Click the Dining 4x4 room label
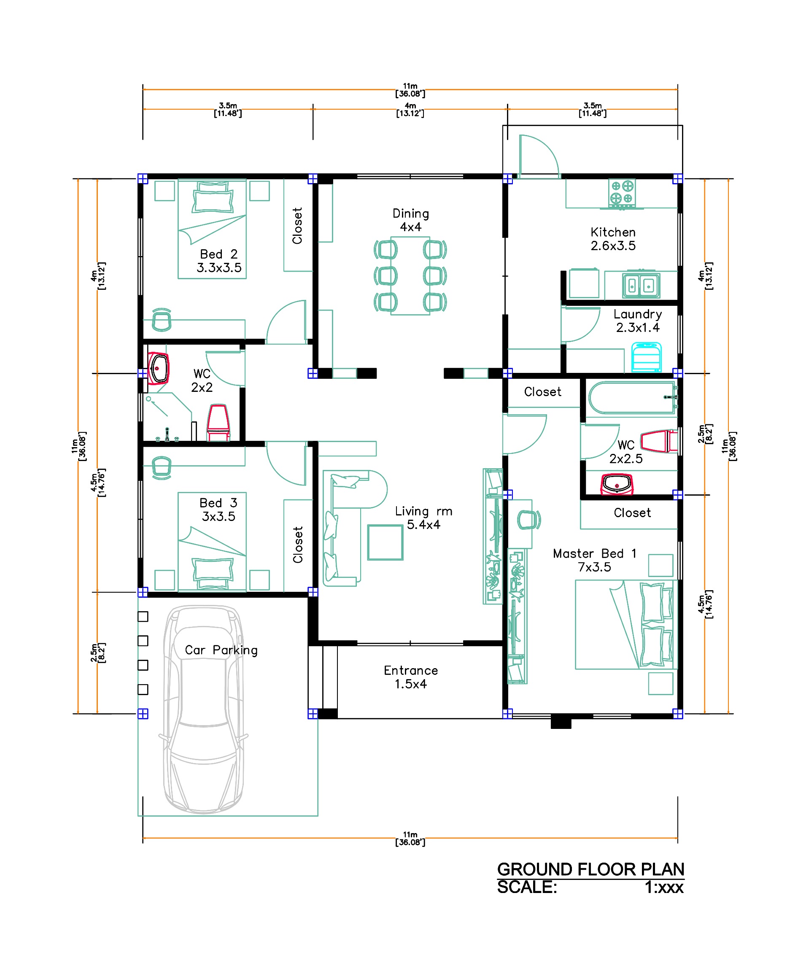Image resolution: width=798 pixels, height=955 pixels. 410,220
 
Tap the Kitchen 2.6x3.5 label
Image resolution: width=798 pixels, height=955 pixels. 613,239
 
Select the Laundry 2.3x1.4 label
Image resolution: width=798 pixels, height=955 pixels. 637,321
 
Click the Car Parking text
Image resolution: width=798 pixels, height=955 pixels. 221,650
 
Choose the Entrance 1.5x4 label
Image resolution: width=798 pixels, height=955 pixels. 410,677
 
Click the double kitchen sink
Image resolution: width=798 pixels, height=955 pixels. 641,285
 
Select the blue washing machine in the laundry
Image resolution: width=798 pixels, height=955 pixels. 646,357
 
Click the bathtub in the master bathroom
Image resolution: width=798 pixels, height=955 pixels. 633,397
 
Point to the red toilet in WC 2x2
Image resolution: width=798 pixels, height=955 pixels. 218,423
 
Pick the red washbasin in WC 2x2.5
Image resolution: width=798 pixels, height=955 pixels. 617,484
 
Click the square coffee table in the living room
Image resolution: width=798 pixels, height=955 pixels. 385,542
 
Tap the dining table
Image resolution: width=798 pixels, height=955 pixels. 410,275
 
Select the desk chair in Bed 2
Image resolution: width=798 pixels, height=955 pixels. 162,320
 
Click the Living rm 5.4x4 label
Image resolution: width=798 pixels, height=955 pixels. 423,518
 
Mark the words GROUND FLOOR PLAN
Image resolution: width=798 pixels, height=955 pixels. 590,869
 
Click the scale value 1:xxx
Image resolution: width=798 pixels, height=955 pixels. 664,887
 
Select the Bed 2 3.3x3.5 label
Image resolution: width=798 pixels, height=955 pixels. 219,261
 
